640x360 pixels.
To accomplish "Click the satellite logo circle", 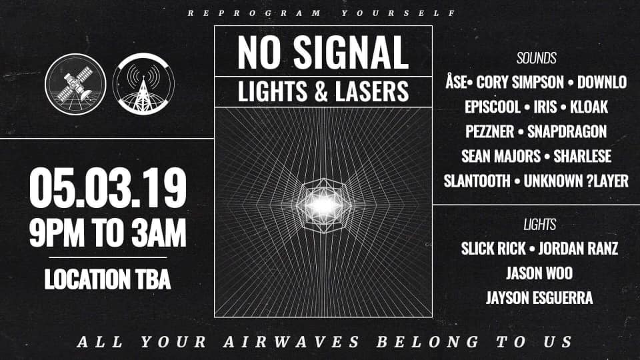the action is (x=75, y=84).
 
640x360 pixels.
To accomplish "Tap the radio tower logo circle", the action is (x=143, y=84).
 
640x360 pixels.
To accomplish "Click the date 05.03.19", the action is (x=108, y=188).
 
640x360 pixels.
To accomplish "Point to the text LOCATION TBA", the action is (x=107, y=279).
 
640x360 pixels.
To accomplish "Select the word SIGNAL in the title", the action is (x=351, y=52).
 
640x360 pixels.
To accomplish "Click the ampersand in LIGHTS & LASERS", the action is (x=321, y=91).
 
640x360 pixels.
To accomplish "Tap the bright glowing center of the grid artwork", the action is (x=323, y=205).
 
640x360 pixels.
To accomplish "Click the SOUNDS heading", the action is (x=536, y=59).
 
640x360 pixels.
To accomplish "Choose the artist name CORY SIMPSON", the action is (x=520, y=83).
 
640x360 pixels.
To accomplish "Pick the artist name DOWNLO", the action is (x=602, y=83).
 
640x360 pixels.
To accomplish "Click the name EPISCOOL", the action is (x=493, y=107).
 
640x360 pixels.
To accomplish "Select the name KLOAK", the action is (x=589, y=107).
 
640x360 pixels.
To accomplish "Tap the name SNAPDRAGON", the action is (x=567, y=131).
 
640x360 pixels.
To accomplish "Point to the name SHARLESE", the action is (x=583, y=156).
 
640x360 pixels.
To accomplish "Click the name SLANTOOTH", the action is (x=477, y=181).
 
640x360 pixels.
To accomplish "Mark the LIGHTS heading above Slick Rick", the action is (x=539, y=225).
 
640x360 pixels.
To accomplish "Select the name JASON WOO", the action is (x=539, y=273).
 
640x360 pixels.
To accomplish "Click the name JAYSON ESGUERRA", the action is (x=539, y=298).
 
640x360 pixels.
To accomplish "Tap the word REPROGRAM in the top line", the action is (x=254, y=13).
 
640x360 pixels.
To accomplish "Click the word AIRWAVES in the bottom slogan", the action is (x=291, y=342).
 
